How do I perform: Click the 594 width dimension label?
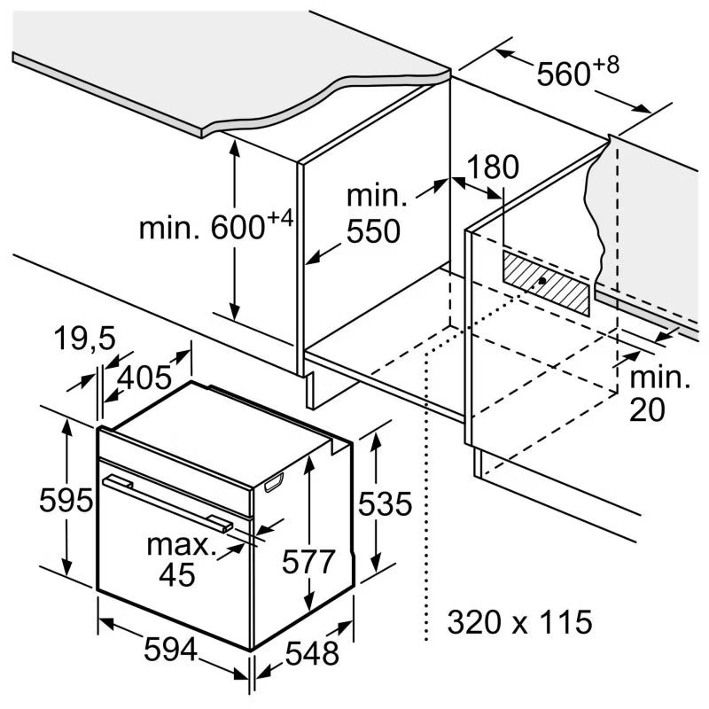coord(170,649)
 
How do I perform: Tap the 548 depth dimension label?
coord(312,653)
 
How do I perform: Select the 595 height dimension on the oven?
coord(66,500)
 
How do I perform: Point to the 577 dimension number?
coord(308,562)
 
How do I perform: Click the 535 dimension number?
coord(385,503)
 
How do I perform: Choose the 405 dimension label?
coord(144,378)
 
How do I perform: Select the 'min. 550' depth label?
coord(376,214)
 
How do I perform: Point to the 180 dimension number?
coord(493,167)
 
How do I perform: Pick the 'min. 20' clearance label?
coord(659,393)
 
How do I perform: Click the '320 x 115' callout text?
coord(519,621)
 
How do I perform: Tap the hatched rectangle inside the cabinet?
coord(546,283)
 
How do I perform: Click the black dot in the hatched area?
coord(541,281)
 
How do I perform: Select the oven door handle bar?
coord(168,503)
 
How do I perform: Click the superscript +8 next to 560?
coord(606,66)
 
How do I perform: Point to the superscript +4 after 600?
coord(280,218)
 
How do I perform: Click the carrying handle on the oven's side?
coord(274,482)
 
